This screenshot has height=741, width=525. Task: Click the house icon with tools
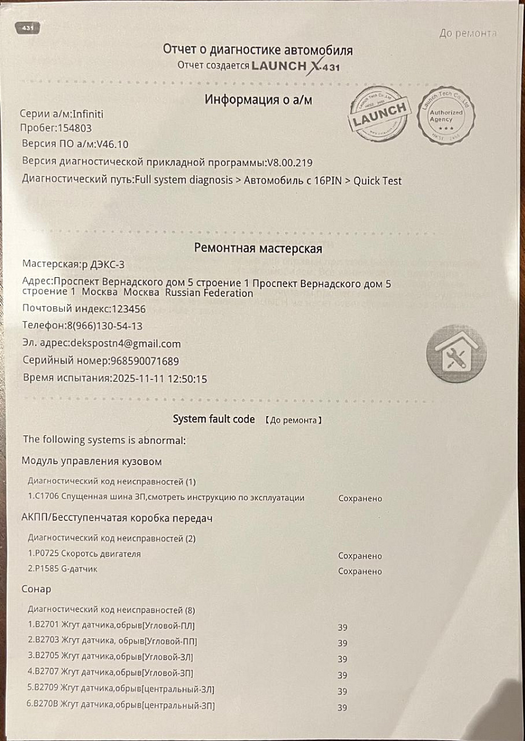point(457,353)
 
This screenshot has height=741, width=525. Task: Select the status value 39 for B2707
point(342,676)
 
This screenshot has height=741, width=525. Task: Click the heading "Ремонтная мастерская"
point(258,248)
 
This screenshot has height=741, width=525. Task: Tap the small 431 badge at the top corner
point(28,28)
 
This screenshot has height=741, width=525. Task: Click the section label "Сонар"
point(36,589)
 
